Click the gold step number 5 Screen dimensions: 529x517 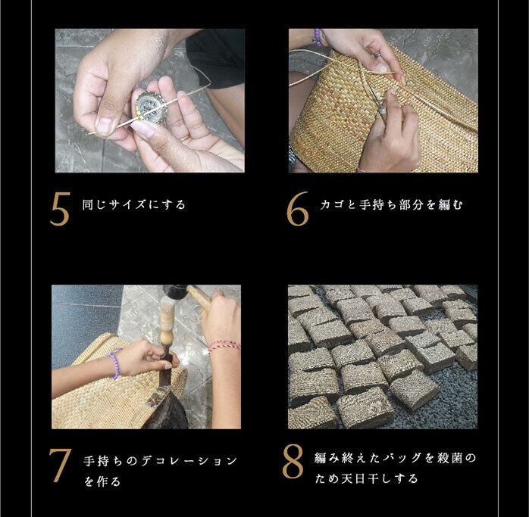60,209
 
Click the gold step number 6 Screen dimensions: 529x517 297,209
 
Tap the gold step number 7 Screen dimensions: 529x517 60,466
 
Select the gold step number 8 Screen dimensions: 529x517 293,462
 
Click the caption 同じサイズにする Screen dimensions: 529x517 134,205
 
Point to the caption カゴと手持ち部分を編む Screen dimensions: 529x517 391,204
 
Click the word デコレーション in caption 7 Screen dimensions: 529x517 189,461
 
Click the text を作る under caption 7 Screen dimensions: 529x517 102,481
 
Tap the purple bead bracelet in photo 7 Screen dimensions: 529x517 114,363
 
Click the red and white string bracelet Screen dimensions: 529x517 224,345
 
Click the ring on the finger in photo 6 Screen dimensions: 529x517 377,55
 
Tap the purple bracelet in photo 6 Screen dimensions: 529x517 318,37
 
